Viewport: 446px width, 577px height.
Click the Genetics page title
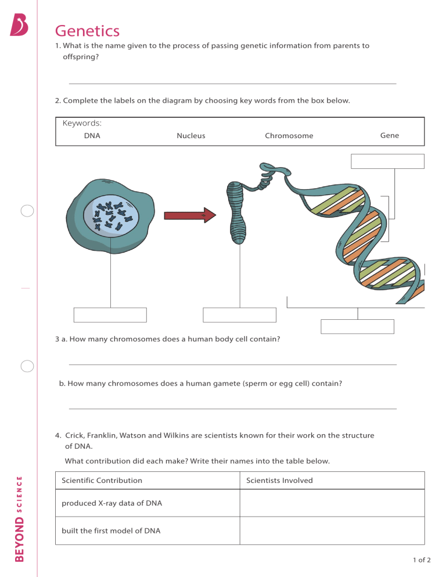[87, 31]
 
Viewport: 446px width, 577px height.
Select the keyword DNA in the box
[92, 136]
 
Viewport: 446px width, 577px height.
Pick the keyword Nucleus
[190, 136]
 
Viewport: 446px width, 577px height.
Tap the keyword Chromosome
[289, 136]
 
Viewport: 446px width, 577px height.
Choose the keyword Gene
[389, 135]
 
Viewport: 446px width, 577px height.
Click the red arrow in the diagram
[189, 215]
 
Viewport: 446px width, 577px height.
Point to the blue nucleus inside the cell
[111, 217]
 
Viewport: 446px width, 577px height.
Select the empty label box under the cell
[110, 315]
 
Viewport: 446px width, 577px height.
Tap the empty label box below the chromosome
[239, 315]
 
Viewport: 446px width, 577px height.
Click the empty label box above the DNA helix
[387, 161]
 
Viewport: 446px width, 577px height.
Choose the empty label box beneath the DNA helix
[357, 327]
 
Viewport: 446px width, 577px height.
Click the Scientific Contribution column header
[102, 480]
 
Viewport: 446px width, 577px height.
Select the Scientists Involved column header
[279, 480]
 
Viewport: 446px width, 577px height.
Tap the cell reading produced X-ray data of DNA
[111, 503]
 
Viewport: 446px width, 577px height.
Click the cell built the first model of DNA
[111, 531]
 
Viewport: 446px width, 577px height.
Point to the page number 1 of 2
[422, 560]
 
